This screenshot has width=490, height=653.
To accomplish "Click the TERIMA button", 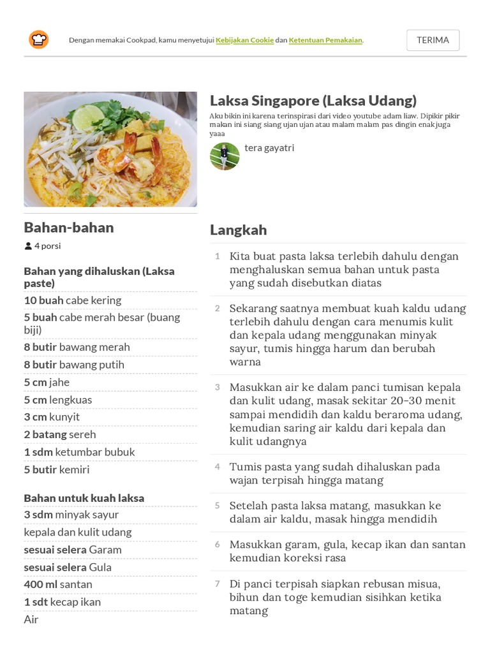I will tap(433, 40).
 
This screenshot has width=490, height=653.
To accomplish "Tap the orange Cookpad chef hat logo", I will tap(38, 40).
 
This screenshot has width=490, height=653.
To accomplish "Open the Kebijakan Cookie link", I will tap(244, 40).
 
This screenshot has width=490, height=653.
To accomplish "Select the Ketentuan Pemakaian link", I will tap(325, 40).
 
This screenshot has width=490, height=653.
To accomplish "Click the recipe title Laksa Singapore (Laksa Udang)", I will tap(313, 100).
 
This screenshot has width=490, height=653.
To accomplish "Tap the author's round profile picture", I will tap(225, 156).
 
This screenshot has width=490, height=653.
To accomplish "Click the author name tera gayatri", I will tap(269, 148).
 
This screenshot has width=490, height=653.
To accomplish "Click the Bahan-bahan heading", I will tap(69, 228).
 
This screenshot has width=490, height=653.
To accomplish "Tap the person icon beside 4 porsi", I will tap(28, 246).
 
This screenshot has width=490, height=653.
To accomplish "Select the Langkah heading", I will tap(238, 230).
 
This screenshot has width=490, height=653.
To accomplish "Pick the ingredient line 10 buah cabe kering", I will tap(73, 300).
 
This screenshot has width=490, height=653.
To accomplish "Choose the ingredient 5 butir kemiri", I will tap(57, 470).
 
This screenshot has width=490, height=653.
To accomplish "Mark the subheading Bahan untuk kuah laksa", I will tap(84, 498).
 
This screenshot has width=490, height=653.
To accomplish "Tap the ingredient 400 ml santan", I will tap(58, 584).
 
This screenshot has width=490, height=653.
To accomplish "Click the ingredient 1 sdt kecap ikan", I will tap(63, 602).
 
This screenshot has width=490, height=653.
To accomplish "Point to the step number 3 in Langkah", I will tap(217, 387).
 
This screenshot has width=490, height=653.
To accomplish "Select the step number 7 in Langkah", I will tap(217, 583).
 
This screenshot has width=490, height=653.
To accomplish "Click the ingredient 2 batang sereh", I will tap(60, 434).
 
